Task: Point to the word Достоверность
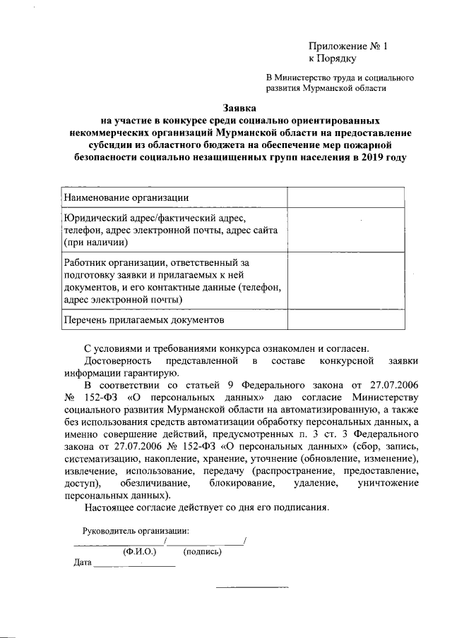point(116,361)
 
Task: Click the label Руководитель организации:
point(136,530)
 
